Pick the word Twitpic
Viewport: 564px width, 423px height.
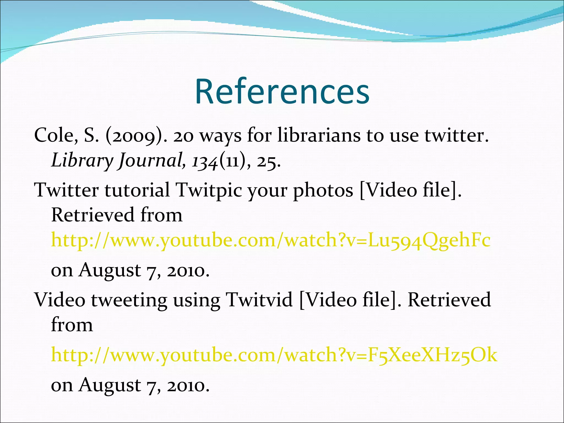(209, 190)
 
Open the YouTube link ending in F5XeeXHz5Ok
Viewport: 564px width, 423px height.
(274, 355)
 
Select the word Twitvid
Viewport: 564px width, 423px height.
(259, 300)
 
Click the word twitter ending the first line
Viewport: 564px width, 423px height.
(456, 135)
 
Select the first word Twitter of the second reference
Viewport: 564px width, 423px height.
(66, 190)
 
